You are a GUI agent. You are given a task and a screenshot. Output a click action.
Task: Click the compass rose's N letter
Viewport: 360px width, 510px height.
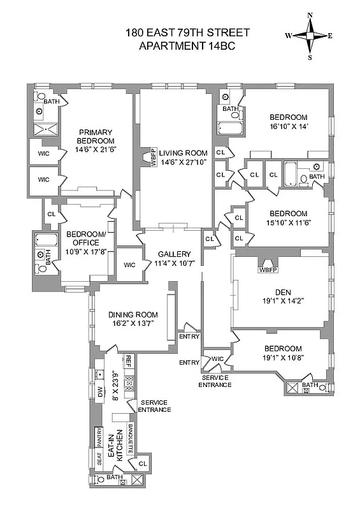310,15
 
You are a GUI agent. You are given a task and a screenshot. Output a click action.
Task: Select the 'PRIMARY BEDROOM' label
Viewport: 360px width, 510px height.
96,136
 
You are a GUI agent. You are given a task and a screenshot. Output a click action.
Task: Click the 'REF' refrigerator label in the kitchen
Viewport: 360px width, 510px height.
128,360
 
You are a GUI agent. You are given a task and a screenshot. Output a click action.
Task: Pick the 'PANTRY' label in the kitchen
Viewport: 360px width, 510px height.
99,438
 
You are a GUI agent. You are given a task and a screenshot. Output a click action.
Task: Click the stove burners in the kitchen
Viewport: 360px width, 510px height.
129,382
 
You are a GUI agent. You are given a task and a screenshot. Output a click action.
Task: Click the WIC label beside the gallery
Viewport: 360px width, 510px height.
129,265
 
